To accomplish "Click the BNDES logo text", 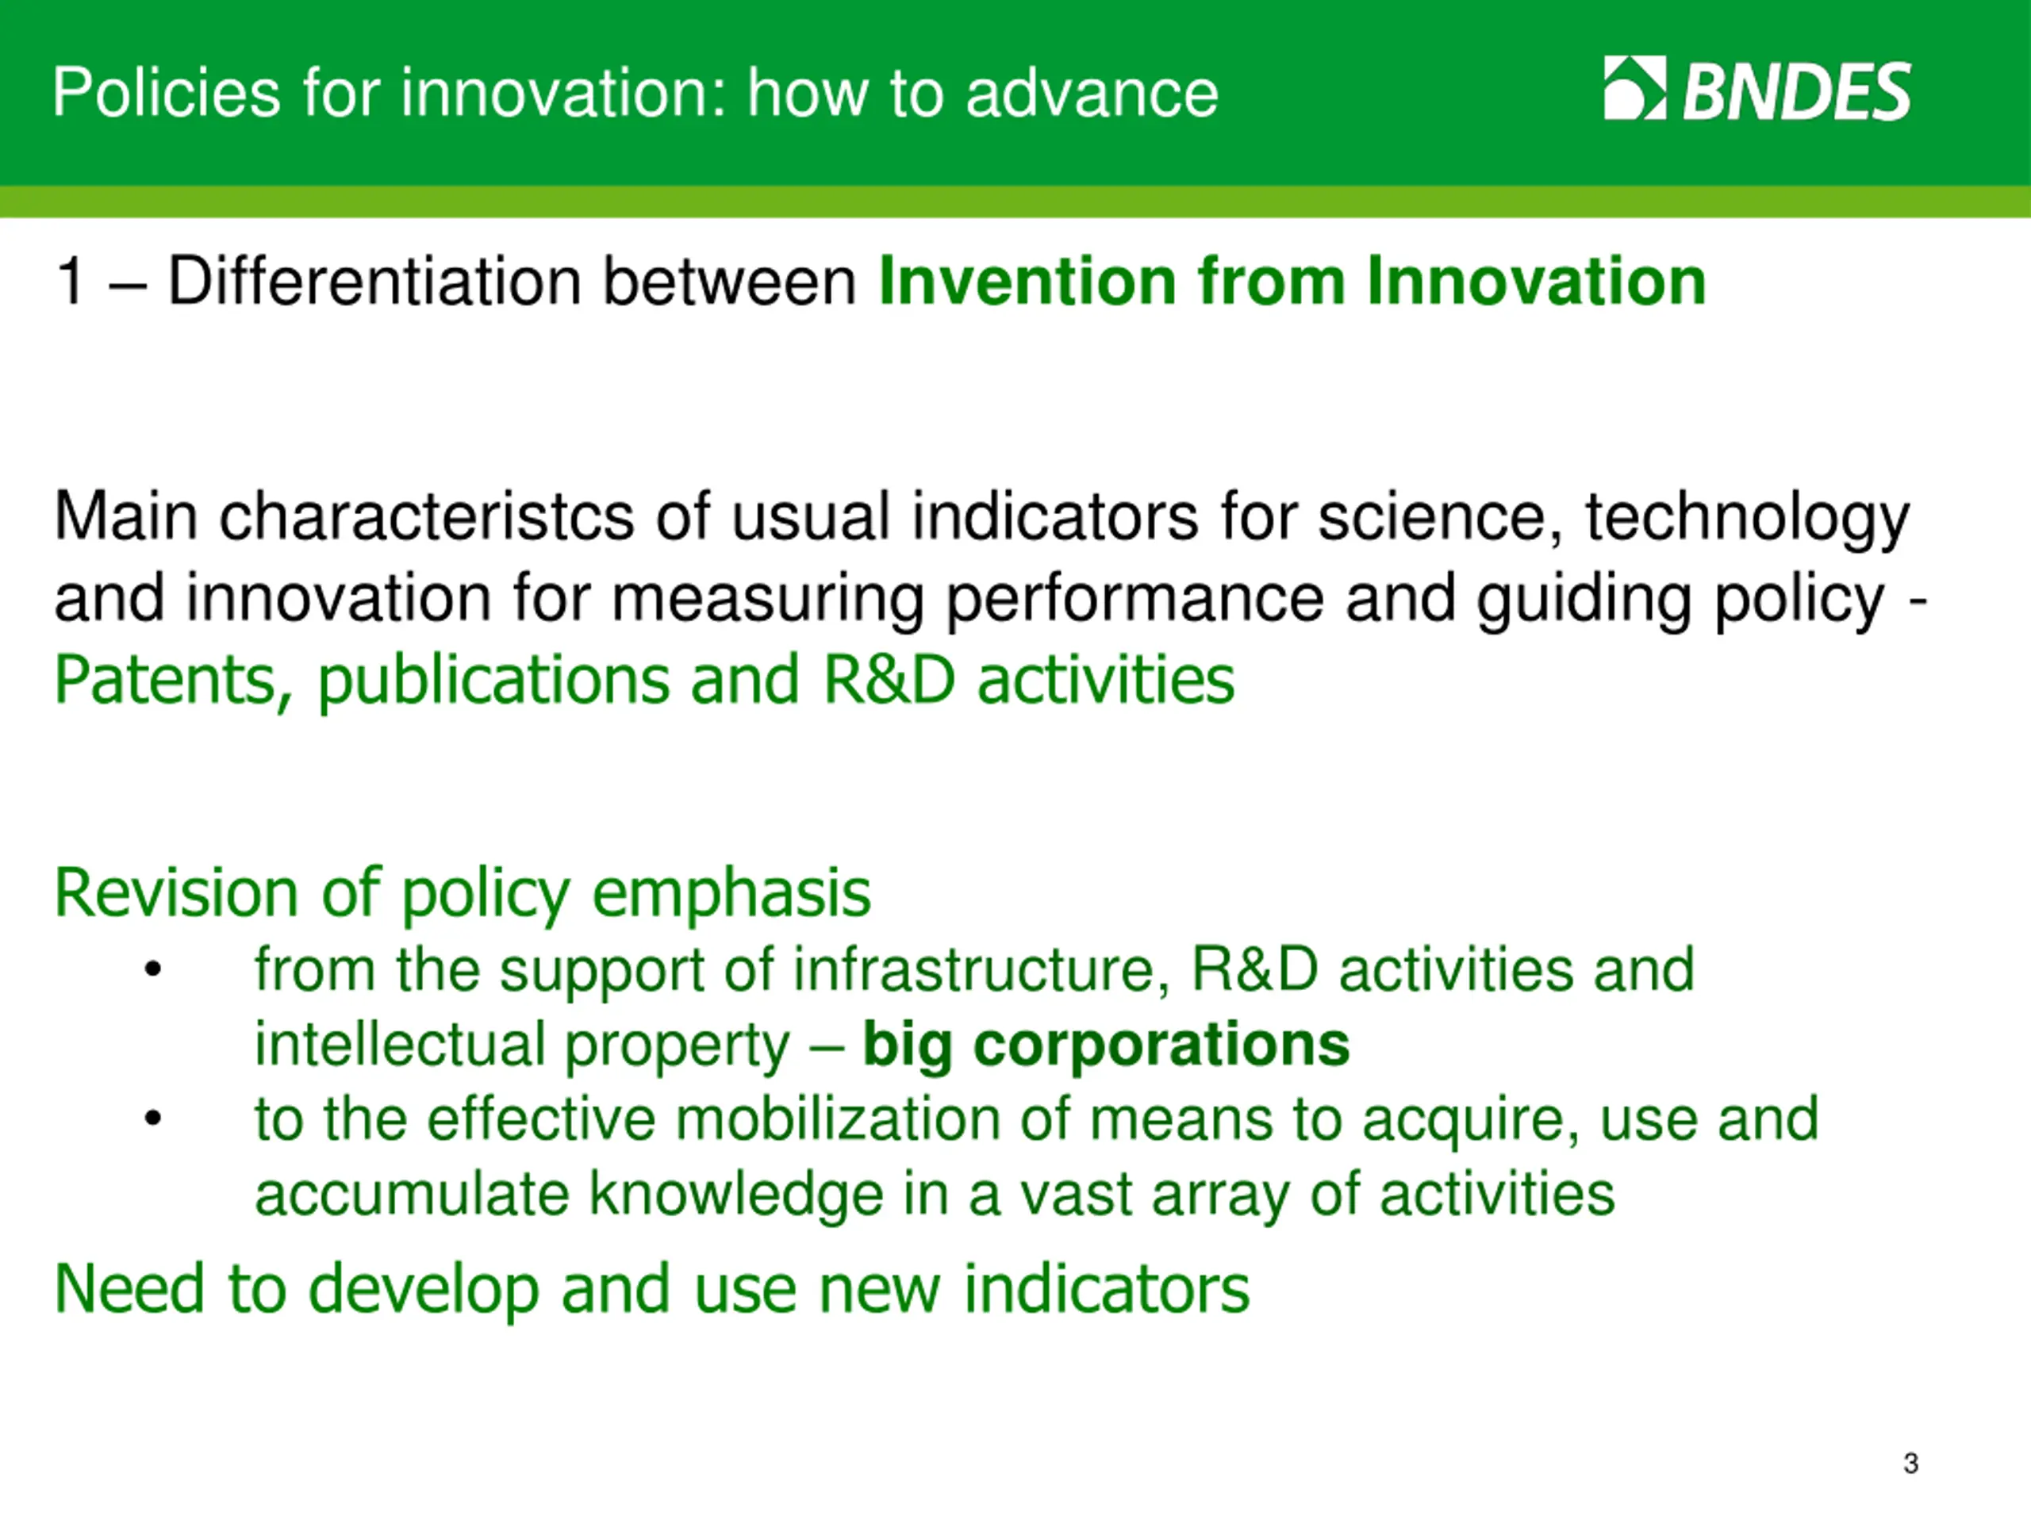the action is (1797, 91).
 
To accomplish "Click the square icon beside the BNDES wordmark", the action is (1635, 88).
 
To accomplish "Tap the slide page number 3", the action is (1910, 1463).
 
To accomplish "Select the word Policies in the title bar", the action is (166, 93).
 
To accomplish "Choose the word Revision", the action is (176, 892).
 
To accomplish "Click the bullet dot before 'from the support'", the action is (152, 969).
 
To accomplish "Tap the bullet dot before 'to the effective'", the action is (152, 1118).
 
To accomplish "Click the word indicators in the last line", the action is (1107, 1289).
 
